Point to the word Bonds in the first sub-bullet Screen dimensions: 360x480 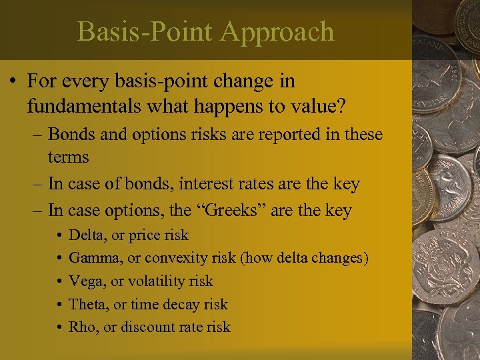point(70,135)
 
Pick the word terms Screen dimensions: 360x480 point(68,157)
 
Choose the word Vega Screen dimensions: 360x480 point(84,281)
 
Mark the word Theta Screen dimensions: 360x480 point(86,304)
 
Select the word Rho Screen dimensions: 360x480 point(81,327)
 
